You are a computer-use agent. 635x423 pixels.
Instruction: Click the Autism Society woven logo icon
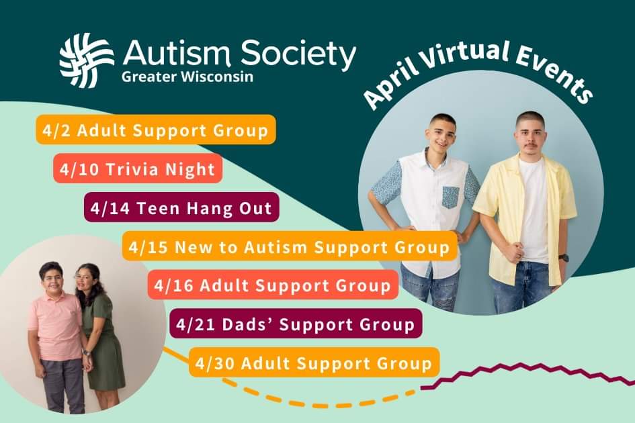coord(86,61)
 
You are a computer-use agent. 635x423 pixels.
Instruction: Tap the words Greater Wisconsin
coord(187,76)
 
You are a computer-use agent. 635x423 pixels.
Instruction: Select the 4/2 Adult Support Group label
coord(155,130)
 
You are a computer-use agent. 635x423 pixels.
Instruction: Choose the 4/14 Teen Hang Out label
coord(181,209)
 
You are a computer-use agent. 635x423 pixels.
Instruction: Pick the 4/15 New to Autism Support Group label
coord(290,247)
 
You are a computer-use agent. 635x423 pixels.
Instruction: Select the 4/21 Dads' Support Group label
coord(296,324)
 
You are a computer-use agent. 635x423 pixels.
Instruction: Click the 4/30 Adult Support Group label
coord(314,364)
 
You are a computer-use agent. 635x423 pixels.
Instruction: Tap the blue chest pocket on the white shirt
coord(451,197)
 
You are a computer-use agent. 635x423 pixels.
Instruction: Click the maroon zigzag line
coord(531,373)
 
